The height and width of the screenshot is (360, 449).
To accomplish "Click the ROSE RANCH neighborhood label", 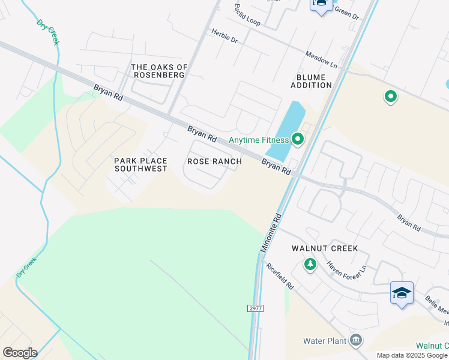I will pos(214,161).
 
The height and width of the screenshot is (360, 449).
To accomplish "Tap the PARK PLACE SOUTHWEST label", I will pos(140,164).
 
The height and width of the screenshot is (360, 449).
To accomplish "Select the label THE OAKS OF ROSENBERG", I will pos(159,71).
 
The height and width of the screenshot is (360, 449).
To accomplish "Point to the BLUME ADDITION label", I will pos(311,82).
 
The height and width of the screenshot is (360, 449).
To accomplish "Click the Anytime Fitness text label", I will pos(259,140).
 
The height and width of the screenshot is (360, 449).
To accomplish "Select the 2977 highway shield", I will pos(256,308).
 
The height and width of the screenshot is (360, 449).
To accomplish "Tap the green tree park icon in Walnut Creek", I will pos(310,264).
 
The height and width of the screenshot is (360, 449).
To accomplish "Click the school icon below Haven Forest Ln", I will pos(401,293).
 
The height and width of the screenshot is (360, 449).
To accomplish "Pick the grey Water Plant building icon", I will pos(356,340).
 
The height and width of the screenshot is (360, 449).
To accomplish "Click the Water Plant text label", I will pos(325,341).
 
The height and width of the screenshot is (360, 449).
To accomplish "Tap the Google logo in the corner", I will pos(19,352).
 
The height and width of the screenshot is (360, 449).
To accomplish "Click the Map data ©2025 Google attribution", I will pos(412,355).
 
